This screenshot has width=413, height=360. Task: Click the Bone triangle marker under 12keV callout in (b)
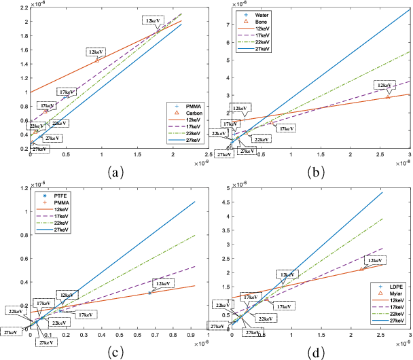click(388, 97)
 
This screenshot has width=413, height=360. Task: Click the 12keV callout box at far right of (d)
click(375, 260)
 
